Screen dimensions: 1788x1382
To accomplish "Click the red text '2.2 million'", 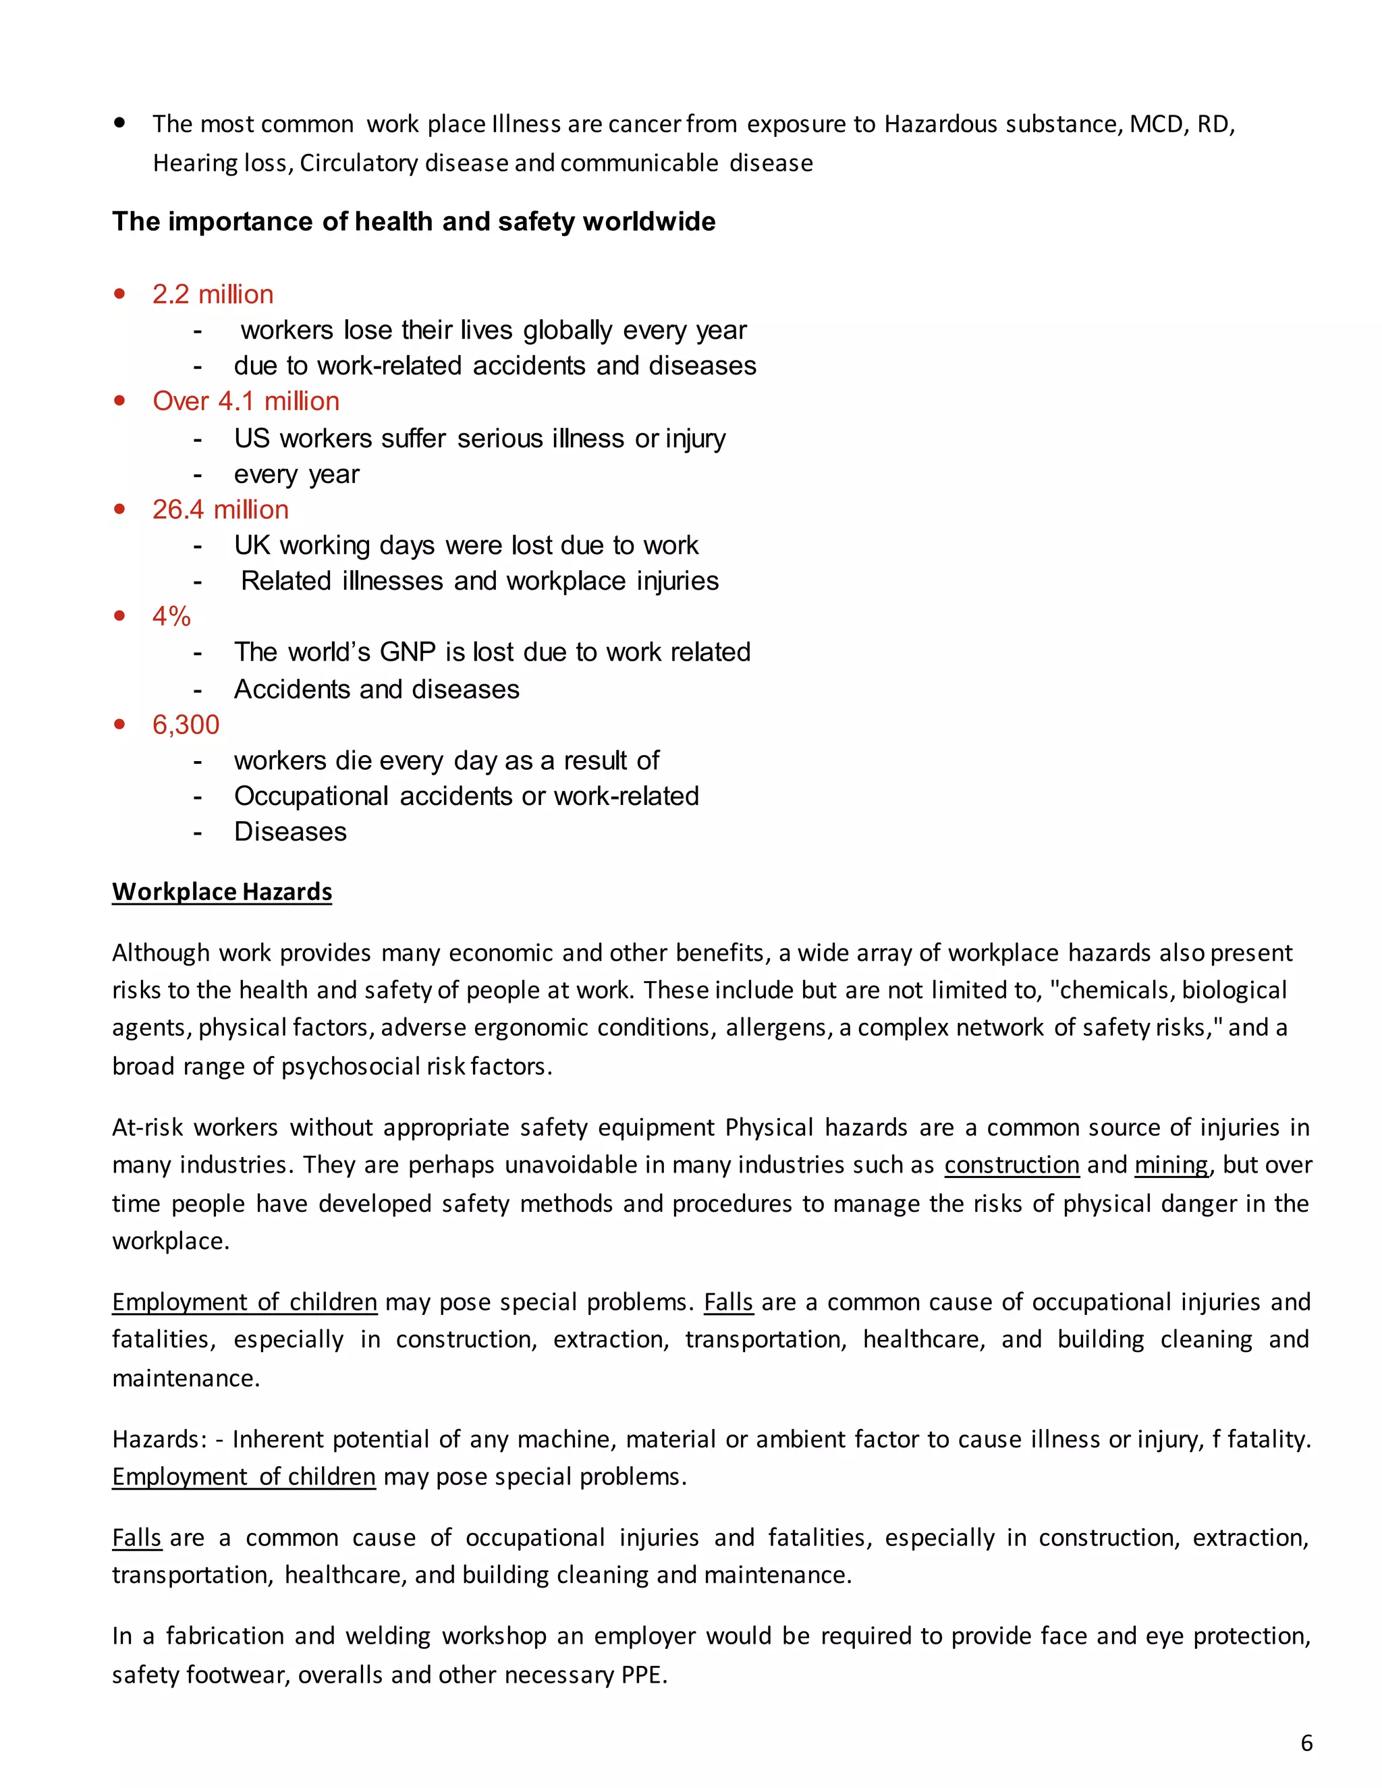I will click(213, 295).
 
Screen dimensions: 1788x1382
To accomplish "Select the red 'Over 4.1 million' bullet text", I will click(246, 401).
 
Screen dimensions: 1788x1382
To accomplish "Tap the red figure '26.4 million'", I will click(220, 509).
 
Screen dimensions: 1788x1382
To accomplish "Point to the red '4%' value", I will click(171, 617).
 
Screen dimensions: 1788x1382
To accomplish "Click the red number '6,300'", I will click(186, 725).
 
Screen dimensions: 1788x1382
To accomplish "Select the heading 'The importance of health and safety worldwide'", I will click(414, 222).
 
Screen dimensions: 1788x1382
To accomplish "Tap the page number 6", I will click(1306, 1743).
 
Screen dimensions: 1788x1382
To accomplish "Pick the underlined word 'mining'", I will click(1171, 1165).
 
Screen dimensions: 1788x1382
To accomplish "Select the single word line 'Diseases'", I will click(289, 832).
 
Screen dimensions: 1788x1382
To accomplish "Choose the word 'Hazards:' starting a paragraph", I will click(159, 1439).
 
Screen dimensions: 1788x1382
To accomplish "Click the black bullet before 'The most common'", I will click(120, 123).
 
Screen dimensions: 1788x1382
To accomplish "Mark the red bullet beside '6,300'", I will click(120, 724).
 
